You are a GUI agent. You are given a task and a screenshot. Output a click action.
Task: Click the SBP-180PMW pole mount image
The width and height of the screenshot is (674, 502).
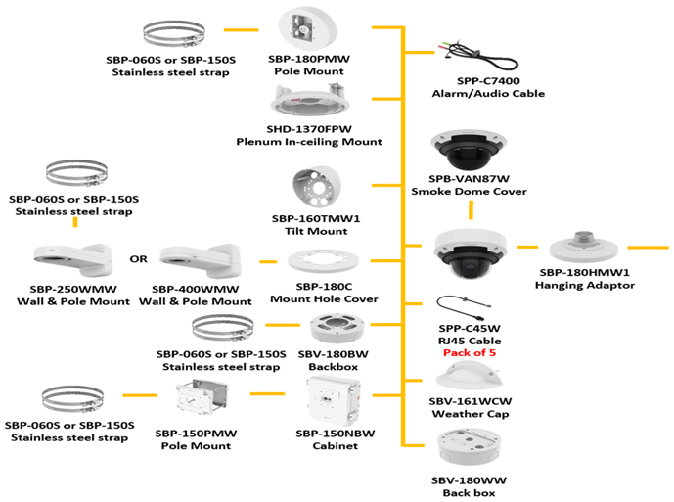pos(307,29)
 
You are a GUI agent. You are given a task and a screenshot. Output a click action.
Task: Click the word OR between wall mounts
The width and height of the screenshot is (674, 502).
pos(139,260)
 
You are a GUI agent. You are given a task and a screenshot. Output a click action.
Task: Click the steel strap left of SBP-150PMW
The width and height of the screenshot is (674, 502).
pos(72,401)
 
